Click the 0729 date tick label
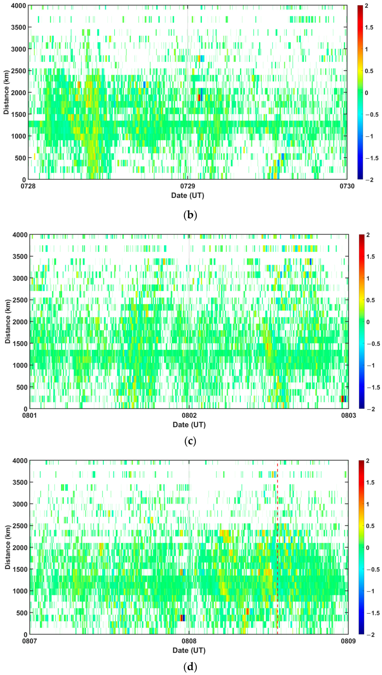click(x=187, y=186)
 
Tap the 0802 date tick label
click(x=189, y=415)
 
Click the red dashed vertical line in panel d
click(x=277, y=551)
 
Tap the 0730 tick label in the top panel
click(x=347, y=186)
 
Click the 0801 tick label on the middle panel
click(x=30, y=415)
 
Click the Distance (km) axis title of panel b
click(x=6, y=92)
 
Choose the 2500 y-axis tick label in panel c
click(x=20, y=300)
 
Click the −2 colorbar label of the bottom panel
click(x=370, y=634)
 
